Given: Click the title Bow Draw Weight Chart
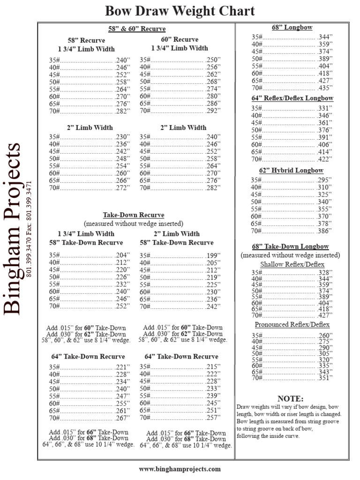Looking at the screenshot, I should tap(180, 11).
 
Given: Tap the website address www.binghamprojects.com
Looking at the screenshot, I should tap(180, 468).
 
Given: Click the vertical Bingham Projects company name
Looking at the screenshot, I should tap(13, 228).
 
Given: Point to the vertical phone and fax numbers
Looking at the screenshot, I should tap(30, 228).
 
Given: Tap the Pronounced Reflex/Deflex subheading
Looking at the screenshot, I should tap(292, 324).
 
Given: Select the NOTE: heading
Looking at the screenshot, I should tap(290, 398).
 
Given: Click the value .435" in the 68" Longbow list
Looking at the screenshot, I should tap(325, 88).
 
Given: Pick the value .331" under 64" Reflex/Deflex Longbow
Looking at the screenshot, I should tap(325, 108).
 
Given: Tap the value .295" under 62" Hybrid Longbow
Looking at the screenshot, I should tap(325, 180).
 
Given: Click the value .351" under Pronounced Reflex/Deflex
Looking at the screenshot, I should tap(325, 378).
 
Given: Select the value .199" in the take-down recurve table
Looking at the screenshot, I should tap(213, 255).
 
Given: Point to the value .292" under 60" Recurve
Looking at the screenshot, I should tap(213, 111).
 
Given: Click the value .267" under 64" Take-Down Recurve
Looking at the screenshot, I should tap(122, 418).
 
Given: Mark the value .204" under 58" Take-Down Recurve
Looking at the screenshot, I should tap(122, 255).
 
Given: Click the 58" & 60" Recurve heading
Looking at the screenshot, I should tap(137, 29).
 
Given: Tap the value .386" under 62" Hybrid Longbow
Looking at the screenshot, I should tap(325, 231).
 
